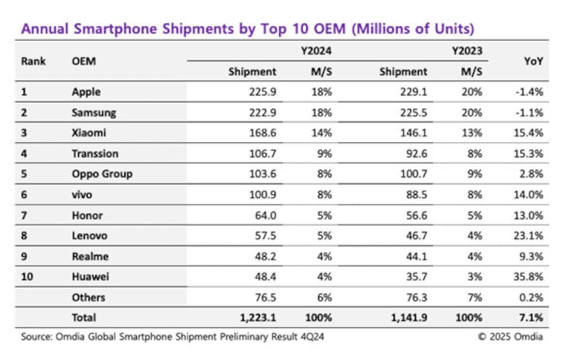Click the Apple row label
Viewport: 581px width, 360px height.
pos(86,92)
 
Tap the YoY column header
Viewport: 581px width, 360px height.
pos(533,61)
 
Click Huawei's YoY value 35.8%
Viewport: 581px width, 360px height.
pos(528,277)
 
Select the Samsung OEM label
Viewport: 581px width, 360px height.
pos(94,113)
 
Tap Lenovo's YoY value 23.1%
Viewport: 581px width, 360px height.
pos(528,236)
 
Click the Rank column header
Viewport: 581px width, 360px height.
pos(33,61)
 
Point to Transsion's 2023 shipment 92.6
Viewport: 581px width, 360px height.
pos(413,154)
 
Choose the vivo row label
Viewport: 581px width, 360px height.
pos(83,195)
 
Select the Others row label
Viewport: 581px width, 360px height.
pos(89,297)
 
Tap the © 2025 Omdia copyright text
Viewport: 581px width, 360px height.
pos(510,336)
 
